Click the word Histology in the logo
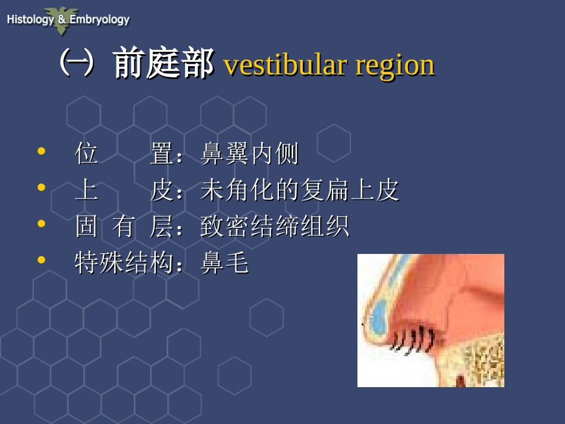30,19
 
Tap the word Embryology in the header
99,20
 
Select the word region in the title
395,67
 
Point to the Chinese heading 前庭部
163,62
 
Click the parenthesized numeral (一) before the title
77,63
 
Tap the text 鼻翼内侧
249,153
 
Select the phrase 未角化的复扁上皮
299,190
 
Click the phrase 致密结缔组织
275,226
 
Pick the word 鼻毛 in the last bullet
225,263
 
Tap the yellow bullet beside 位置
42,151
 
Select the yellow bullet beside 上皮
42,187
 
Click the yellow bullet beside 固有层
42,224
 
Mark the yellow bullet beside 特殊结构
42,260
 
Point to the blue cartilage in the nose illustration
379,318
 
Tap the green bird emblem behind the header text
62,20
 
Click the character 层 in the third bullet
161,226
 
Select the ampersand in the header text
62,19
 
